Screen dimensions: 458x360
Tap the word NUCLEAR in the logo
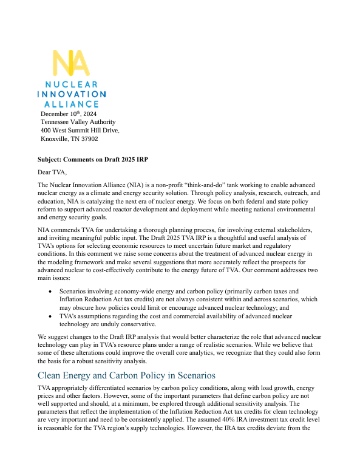click(x=71, y=85)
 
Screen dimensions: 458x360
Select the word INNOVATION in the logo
click(x=71, y=95)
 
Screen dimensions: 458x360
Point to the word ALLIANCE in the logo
click(x=71, y=104)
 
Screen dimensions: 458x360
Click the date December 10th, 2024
click(x=69, y=114)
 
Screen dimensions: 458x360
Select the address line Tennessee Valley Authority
click(x=78, y=122)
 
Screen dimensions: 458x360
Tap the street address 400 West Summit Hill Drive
click(x=80, y=131)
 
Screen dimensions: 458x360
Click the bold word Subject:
click(x=50, y=160)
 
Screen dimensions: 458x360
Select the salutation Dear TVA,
click(x=52, y=173)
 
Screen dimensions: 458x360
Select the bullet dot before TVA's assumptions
click(x=50, y=316)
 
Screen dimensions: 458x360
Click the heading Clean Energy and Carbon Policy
click(x=126, y=375)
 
